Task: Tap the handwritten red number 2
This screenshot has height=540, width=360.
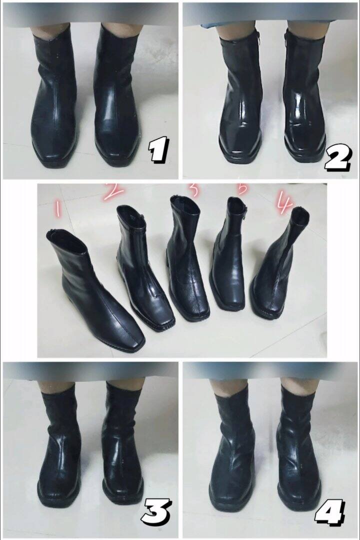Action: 114,191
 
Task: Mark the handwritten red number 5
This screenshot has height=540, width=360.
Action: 242,189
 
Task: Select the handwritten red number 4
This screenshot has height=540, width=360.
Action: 283,203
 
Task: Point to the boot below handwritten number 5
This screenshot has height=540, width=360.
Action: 228,260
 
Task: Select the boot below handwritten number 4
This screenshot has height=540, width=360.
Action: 277,270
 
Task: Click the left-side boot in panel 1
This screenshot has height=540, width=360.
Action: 54,100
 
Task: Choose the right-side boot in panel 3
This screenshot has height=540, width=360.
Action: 122,445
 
